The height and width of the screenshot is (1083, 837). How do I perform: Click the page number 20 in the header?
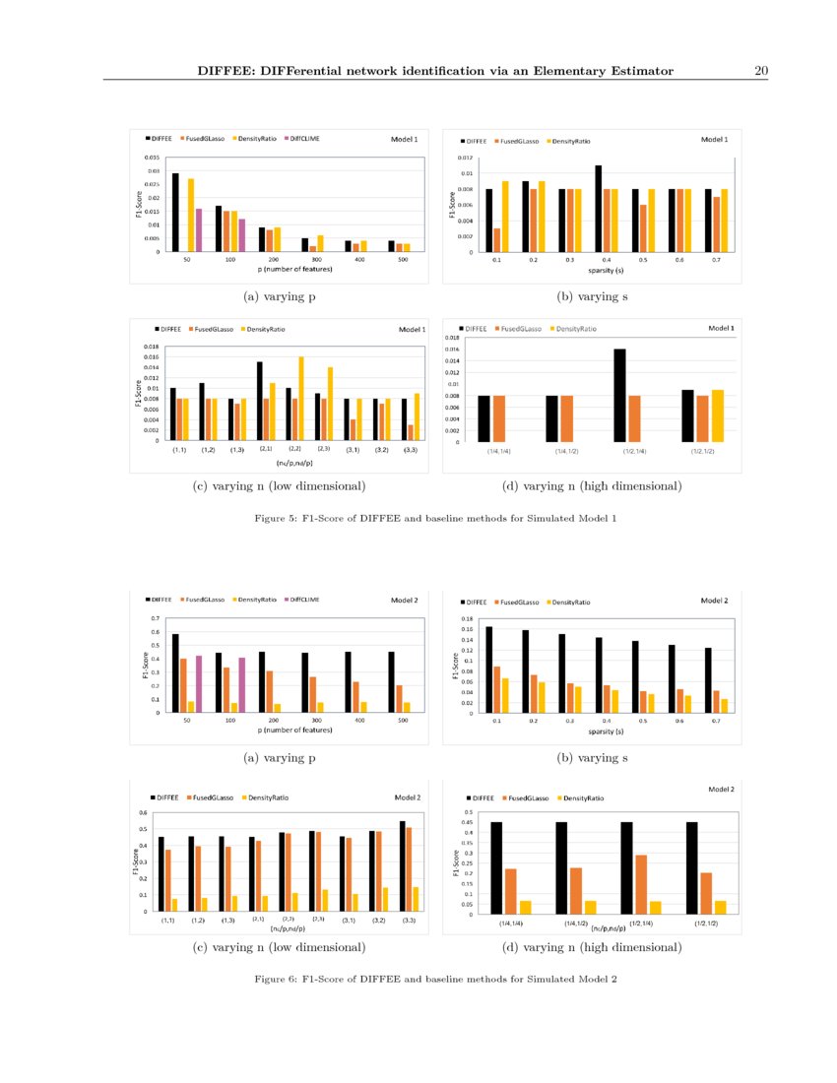tap(760, 70)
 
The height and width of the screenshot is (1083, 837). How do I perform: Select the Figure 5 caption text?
tap(434, 518)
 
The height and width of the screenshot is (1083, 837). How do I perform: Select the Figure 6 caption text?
tap(434, 979)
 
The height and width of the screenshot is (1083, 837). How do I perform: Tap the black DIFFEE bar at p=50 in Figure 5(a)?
tap(175, 213)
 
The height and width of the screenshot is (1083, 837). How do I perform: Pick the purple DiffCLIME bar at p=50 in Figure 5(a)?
tap(198, 229)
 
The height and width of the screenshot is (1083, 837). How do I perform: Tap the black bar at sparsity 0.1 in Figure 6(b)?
tap(488, 669)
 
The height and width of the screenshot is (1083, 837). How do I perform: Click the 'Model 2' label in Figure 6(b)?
tap(714, 600)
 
